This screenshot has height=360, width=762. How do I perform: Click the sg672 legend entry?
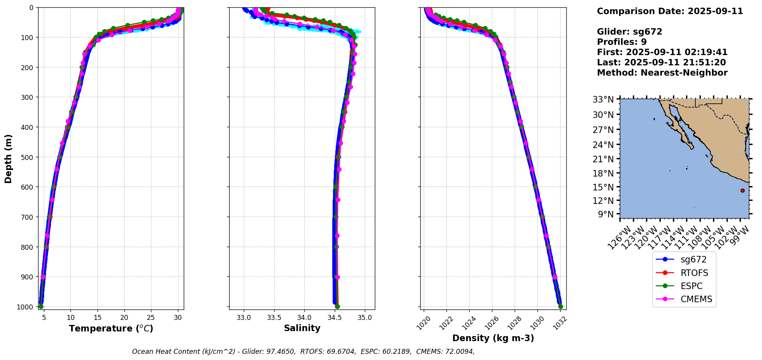[683, 260]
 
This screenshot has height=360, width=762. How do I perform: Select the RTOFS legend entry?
[683, 273]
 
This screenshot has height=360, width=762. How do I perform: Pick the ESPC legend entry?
[683, 286]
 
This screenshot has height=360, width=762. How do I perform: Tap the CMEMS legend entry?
[683, 299]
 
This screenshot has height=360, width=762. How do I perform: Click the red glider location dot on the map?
[742, 190]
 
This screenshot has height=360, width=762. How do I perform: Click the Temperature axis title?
[111, 328]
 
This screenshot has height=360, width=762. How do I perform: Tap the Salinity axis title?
[302, 328]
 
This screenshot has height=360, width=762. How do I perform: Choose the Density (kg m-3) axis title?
[493, 338]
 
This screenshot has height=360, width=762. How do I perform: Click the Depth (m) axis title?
[8, 158]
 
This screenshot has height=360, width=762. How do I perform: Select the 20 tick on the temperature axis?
[124, 318]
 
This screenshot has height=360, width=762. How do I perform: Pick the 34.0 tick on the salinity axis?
[304, 318]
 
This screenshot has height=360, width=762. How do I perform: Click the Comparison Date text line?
[670, 11]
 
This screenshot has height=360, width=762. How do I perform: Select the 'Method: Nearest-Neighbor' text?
[662, 73]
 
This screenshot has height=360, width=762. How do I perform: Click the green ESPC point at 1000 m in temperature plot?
[41, 306]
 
